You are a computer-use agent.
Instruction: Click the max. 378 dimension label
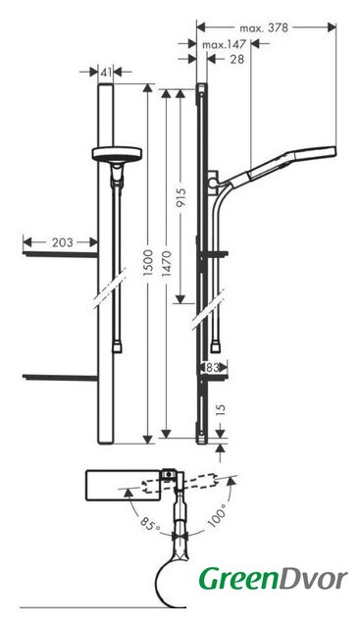coord(264,27)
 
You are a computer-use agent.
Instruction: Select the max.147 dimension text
coord(224,44)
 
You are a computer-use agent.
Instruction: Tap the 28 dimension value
coord(237,59)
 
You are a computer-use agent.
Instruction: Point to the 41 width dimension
coord(106,72)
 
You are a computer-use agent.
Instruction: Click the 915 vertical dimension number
coord(181,198)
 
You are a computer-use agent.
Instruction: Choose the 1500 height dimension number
coord(148,263)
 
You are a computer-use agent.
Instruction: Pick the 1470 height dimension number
coord(167,264)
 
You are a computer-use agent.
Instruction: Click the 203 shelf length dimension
coord(63,242)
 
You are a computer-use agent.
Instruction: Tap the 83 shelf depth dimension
coord(213,367)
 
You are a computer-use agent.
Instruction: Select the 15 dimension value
coord(221,410)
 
